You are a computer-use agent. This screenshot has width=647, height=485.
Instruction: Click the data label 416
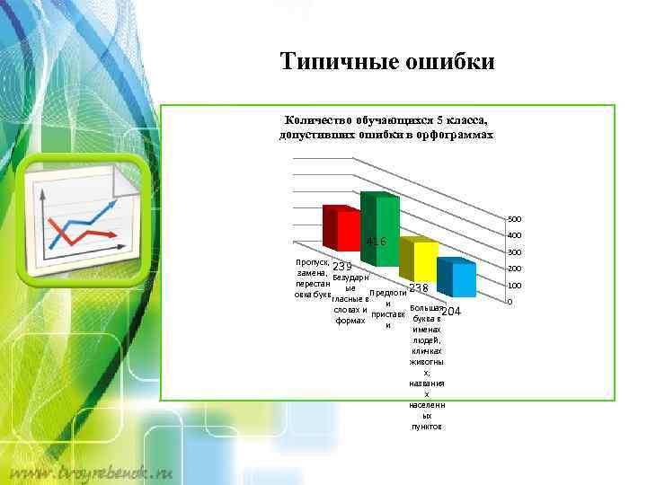pyautogui.click(x=376, y=242)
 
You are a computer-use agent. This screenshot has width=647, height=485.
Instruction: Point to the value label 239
pyautogui.click(x=342, y=267)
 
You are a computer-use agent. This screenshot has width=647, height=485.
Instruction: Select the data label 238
pyautogui.click(x=419, y=287)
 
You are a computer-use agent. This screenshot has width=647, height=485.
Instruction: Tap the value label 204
pyautogui.click(x=451, y=311)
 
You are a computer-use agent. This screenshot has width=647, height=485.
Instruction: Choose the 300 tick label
pyautogui.click(x=515, y=252)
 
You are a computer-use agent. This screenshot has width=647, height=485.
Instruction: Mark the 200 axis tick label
pyautogui.click(x=515, y=269)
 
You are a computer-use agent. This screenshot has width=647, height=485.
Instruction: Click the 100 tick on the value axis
pyautogui.click(x=515, y=286)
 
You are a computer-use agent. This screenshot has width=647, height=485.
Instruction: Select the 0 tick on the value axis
pyautogui.click(x=510, y=302)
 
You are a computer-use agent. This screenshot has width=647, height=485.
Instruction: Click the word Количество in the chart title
pyautogui.click(x=317, y=119)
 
